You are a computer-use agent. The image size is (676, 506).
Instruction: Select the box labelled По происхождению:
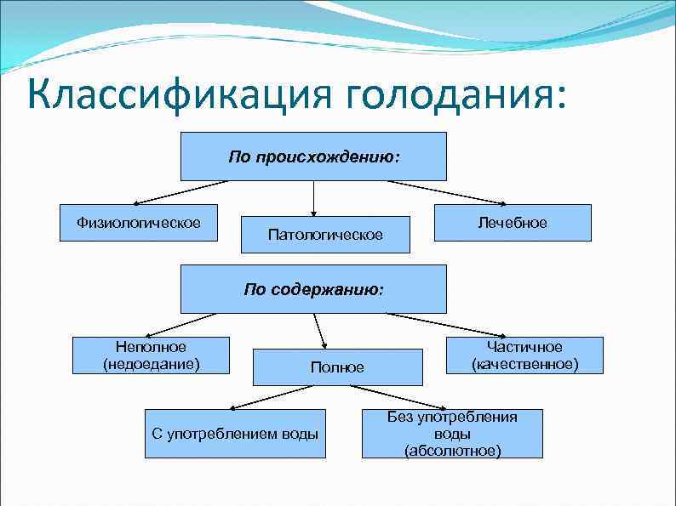click(x=313, y=156)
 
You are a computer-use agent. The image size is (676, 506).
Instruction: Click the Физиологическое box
click(x=139, y=223)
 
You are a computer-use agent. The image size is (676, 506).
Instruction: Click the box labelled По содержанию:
click(x=313, y=289)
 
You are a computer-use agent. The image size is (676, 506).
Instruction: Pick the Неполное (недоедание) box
click(x=152, y=355)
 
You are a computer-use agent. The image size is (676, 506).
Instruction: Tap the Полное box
click(x=337, y=367)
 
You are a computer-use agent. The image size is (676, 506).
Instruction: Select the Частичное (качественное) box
click(x=524, y=355)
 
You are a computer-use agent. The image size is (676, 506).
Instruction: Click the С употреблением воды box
click(x=235, y=434)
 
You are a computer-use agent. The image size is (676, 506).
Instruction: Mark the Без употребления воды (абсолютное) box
click(x=452, y=434)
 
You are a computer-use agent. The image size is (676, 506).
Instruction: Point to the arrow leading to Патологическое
click(x=314, y=197)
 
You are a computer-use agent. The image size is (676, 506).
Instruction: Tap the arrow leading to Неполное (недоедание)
click(x=179, y=324)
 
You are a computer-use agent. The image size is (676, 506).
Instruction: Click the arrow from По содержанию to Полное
click(x=320, y=330)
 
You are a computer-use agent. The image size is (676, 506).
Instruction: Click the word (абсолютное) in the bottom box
click(x=452, y=450)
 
